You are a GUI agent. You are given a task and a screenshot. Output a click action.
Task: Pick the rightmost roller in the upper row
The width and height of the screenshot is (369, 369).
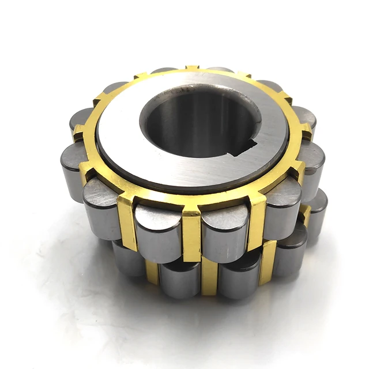coord(311,161)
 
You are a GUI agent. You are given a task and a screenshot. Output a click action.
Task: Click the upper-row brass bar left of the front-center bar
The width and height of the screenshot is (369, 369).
coord(127,219)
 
